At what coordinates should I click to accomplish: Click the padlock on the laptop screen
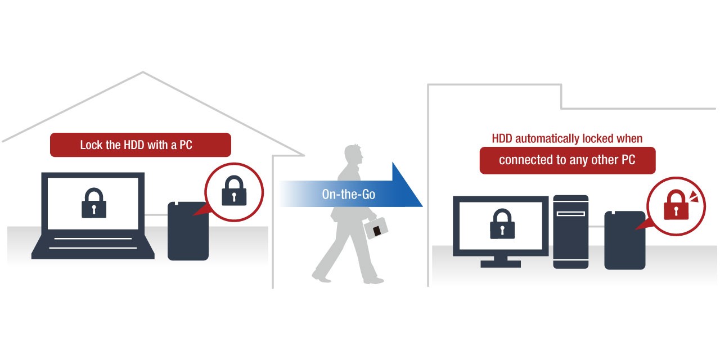tap(94, 202)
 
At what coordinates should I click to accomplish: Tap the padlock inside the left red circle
tap(234, 190)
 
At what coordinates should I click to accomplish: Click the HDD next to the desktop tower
tap(624, 241)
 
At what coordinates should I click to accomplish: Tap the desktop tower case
tap(570, 232)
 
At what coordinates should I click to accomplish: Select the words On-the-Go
tap(348, 195)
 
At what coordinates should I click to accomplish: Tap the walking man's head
tap(353, 154)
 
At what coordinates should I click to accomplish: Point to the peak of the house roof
tap(143, 73)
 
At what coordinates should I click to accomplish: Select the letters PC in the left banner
tap(185, 145)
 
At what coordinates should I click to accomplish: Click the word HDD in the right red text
tap(502, 139)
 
